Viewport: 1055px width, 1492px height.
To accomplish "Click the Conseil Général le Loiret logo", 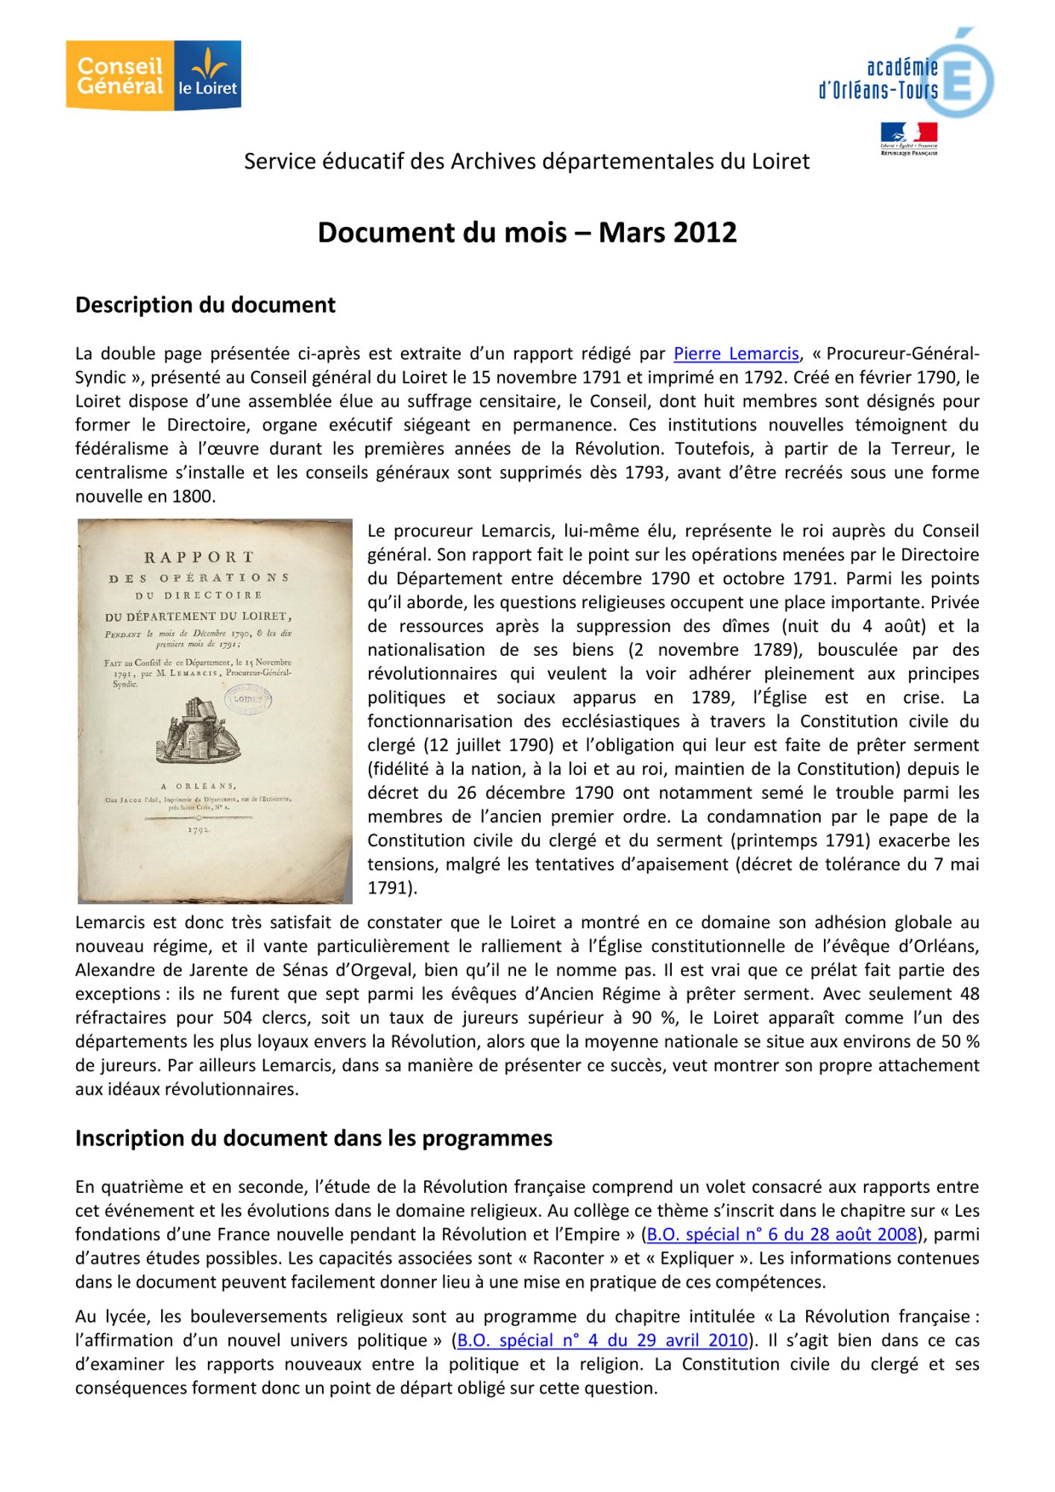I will (153, 75).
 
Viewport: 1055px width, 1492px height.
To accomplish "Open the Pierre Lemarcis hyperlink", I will (736, 353).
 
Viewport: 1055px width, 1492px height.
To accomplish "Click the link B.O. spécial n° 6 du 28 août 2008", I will (781, 1234).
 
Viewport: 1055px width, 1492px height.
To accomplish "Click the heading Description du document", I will (205, 305).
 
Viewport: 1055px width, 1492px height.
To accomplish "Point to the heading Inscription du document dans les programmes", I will (313, 1138).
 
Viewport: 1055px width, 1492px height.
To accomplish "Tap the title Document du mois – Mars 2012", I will (527, 233).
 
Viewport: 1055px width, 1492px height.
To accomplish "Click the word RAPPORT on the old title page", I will (199, 557).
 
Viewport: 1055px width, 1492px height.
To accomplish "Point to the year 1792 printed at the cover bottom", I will (199, 828).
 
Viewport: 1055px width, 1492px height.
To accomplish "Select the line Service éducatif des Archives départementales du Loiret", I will (526, 162).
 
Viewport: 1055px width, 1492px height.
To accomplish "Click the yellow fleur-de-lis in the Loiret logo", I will (209, 63).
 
